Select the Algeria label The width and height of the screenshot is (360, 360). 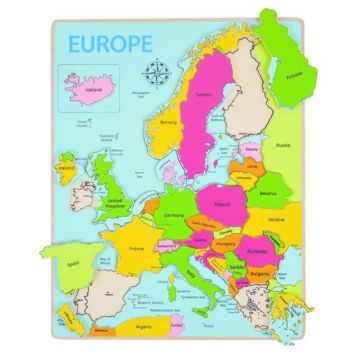pos(145,339)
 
